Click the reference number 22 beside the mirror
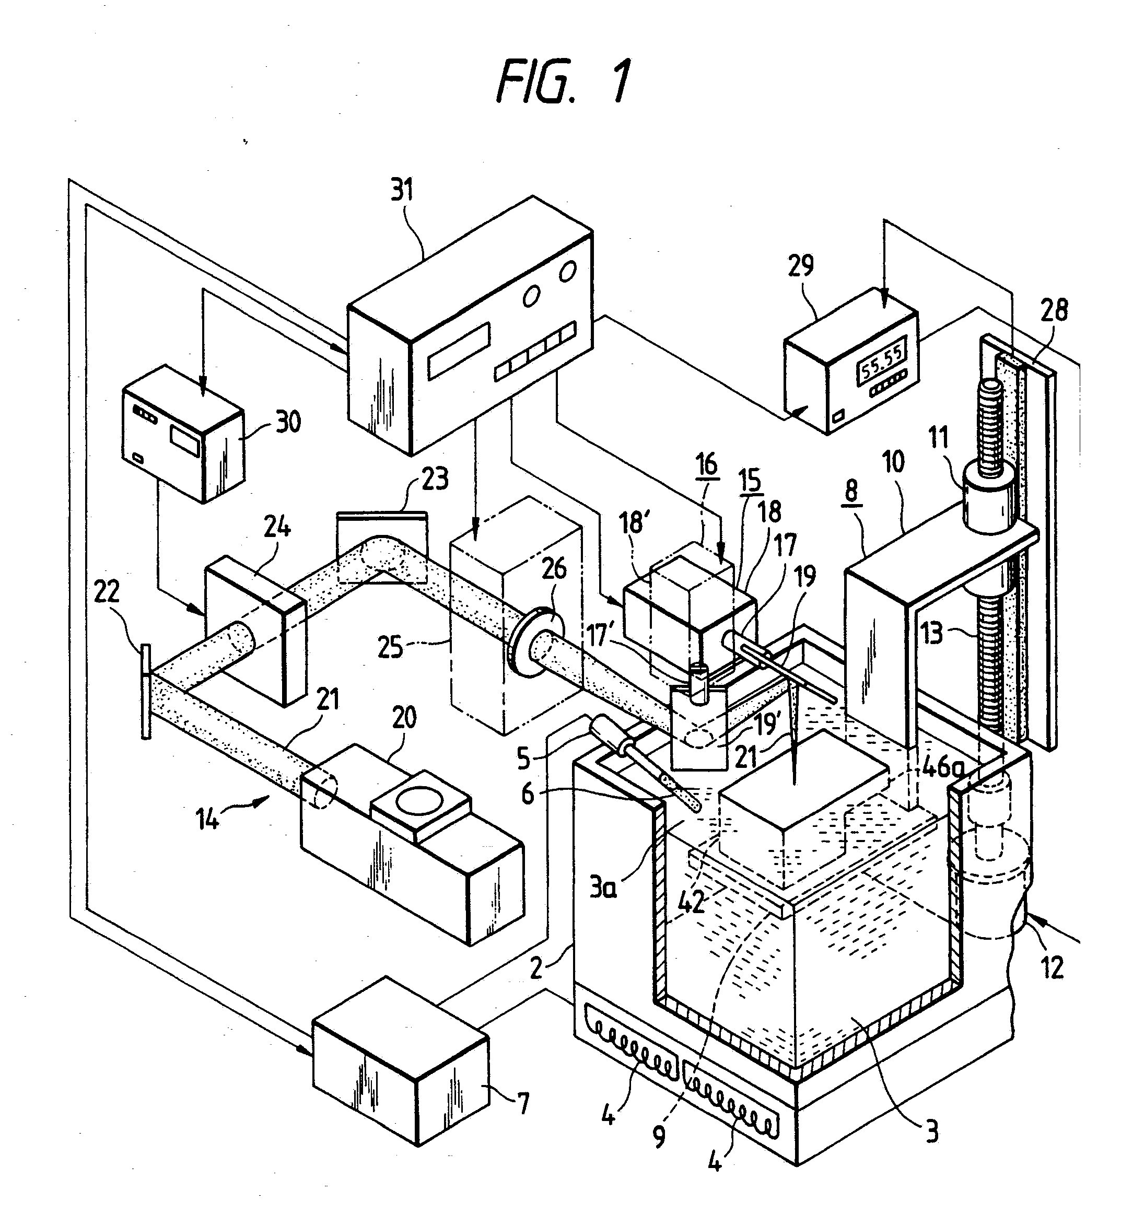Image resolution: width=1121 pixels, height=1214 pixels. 107,591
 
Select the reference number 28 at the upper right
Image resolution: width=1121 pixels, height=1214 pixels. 1054,310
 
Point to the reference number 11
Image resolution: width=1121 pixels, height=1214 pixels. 938,436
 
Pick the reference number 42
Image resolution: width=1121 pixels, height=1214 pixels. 691,902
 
